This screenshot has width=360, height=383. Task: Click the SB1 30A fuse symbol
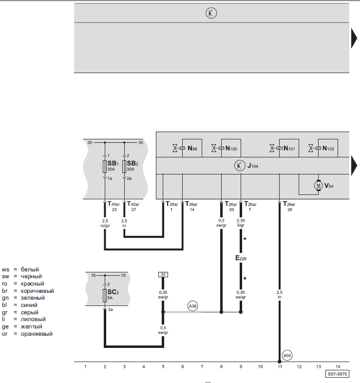click(x=105, y=167)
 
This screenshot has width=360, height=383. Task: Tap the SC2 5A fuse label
click(x=113, y=294)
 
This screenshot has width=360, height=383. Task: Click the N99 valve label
click(x=192, y=148)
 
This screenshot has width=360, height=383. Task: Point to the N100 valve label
click(x=231, y=148)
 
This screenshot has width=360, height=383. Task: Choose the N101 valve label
click(x=289, y=148)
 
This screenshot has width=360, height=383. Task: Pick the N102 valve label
click(x=328, y=148)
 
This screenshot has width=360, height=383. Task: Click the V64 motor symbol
click(x=318, y=185)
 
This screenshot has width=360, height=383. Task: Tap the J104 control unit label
click(x=253, y=166)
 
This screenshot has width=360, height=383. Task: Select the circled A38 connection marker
click(x=192, y=306)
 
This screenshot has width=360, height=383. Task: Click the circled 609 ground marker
click(x=287, y=355)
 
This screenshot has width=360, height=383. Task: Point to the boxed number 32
click(x=163, y=274)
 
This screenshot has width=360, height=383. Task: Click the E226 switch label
click(x=241, y=258)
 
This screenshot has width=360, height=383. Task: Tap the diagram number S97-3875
click(x=337, y=374)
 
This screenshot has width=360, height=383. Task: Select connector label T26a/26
click(x=289, y=206)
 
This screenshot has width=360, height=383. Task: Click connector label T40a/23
click(x=114, y=206)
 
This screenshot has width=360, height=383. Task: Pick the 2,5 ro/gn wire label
click(x=105, y=223)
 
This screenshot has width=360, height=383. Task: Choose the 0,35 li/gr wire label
click(x=241, y=223)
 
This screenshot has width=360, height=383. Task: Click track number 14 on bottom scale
click(x=338, y=366)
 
